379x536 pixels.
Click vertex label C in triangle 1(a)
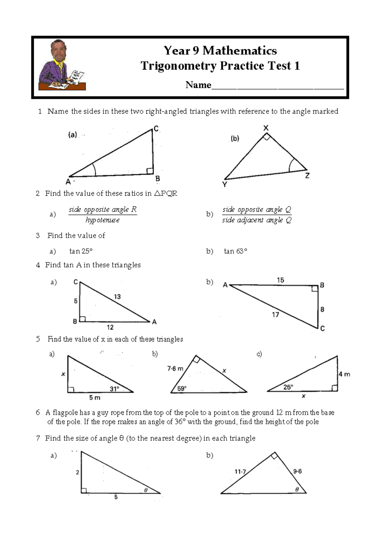[156, 128]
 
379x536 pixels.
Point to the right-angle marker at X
[267, 137]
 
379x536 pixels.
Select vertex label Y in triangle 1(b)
[225, 184]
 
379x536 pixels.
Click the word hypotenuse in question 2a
[102, 220]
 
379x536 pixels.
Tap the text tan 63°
[235, 251]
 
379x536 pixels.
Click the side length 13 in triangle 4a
[117, 297]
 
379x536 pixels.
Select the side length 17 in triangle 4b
[275, 315]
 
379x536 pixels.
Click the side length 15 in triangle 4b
[280, 280]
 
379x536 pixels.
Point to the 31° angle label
[114, 389]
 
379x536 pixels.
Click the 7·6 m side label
[175, 368]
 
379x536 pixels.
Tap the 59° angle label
[182, 389]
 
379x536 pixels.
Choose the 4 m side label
[344, 374]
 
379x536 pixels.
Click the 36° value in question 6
[180, 422]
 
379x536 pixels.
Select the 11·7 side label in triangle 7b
[240, 472]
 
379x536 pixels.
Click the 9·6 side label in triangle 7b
[297, 471]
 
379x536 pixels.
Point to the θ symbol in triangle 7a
[146, 490]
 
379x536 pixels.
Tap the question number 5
[38, 339]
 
